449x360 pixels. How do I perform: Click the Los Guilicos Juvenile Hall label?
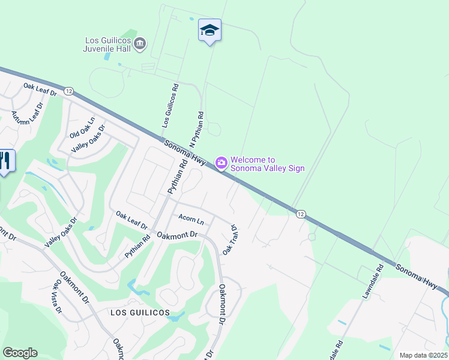[x=108, y=45]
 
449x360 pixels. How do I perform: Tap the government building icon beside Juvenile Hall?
[x=140, y=43]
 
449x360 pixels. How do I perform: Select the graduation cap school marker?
[x=209, y=30]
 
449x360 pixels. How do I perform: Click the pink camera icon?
[x=221, y=163]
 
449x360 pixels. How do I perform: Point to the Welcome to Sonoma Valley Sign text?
[x=267, y=164]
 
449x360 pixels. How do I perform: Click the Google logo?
[x=20, y=353]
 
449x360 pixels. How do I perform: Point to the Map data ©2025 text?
[x=424, y=355]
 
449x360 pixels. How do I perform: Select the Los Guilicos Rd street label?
[x=170, y=105]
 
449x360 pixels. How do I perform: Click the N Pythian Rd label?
[x=197, y=130]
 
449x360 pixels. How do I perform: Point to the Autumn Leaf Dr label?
[x=28, y=114]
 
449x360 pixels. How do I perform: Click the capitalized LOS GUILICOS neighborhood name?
[x=139, y=313]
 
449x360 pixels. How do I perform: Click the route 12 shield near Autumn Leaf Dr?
[x=69, y=91]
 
